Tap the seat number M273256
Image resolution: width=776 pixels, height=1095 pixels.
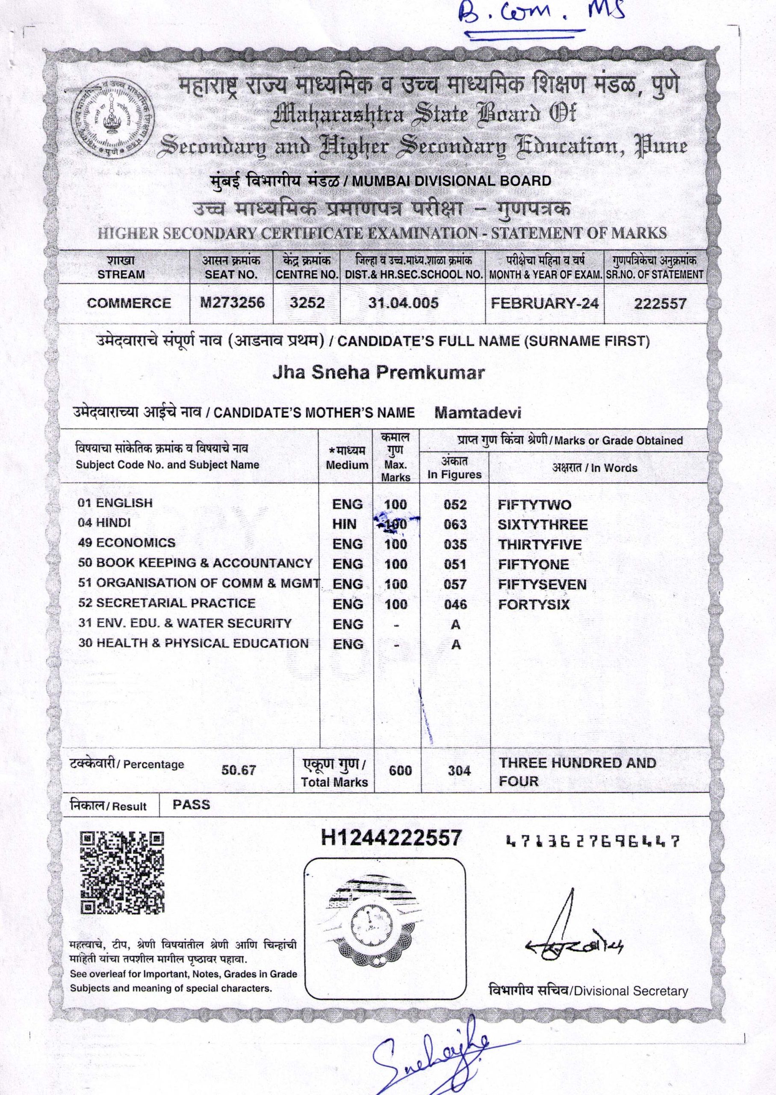pos(231,302)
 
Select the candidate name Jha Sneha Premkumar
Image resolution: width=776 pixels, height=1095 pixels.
pos(378,373)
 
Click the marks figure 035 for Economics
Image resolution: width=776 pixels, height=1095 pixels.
pos(455,545)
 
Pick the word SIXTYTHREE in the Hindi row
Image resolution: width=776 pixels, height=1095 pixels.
pos(543,525)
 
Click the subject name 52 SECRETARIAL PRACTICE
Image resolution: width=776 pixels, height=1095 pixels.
pos(167,603)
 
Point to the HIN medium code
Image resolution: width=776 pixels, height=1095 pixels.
pos(345,524)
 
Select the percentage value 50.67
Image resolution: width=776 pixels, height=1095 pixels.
pos(239,770)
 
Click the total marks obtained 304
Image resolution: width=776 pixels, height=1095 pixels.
pos(459,770)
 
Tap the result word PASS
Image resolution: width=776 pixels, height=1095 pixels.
pos(191,805)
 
